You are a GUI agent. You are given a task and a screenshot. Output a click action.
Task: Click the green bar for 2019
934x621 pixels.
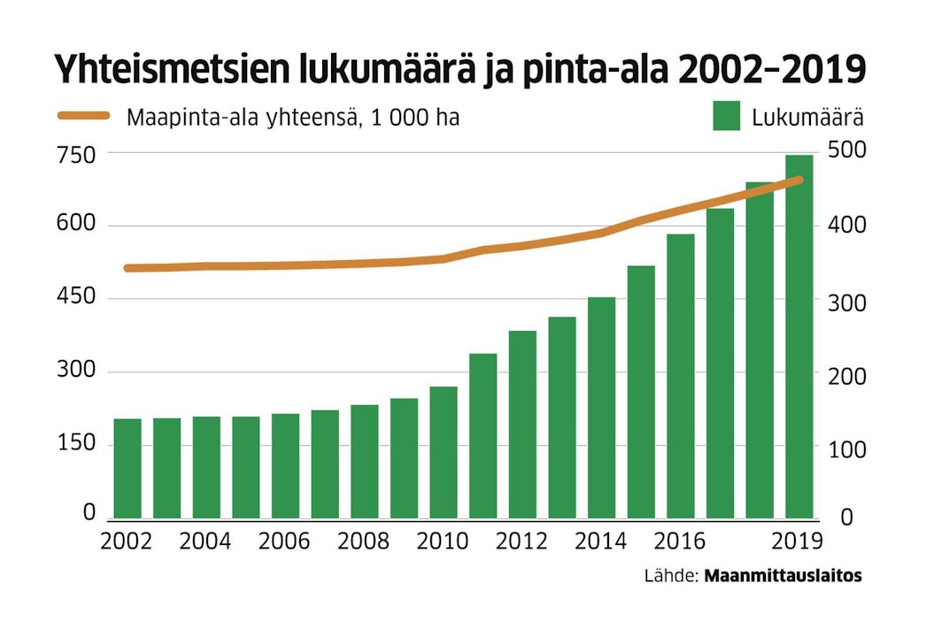(x=799, y=336)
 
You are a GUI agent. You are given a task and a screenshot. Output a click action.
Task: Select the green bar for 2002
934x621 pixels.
(x=127, y=468)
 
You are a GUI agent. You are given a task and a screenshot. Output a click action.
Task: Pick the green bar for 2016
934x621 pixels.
(x=681, y=376)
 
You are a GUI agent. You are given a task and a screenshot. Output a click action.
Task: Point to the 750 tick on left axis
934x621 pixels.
(x=76, y=154)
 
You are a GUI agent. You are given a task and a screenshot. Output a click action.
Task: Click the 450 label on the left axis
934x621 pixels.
(x=76, y=297)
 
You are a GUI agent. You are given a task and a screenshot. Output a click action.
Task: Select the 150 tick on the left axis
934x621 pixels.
(x=76, y=442)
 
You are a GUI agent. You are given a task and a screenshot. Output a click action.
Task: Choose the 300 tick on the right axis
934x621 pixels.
(x=846, y=302)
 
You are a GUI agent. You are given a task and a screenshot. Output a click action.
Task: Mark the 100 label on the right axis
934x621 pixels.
(x=846, y=448)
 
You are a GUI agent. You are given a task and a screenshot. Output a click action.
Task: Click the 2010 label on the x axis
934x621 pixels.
(x=442, y=540)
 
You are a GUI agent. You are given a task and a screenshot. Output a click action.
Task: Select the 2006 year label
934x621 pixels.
(x=284, y=540)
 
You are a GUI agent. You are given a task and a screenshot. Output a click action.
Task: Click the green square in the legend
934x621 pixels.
(x=726, y=116)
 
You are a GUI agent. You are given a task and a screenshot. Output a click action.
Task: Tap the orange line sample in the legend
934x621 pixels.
(x=83, y=116)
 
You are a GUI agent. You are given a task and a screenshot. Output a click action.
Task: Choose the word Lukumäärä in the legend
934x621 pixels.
(x=807, y=117)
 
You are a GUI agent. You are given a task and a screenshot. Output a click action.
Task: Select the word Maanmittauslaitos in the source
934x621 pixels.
(x=783, y=576)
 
